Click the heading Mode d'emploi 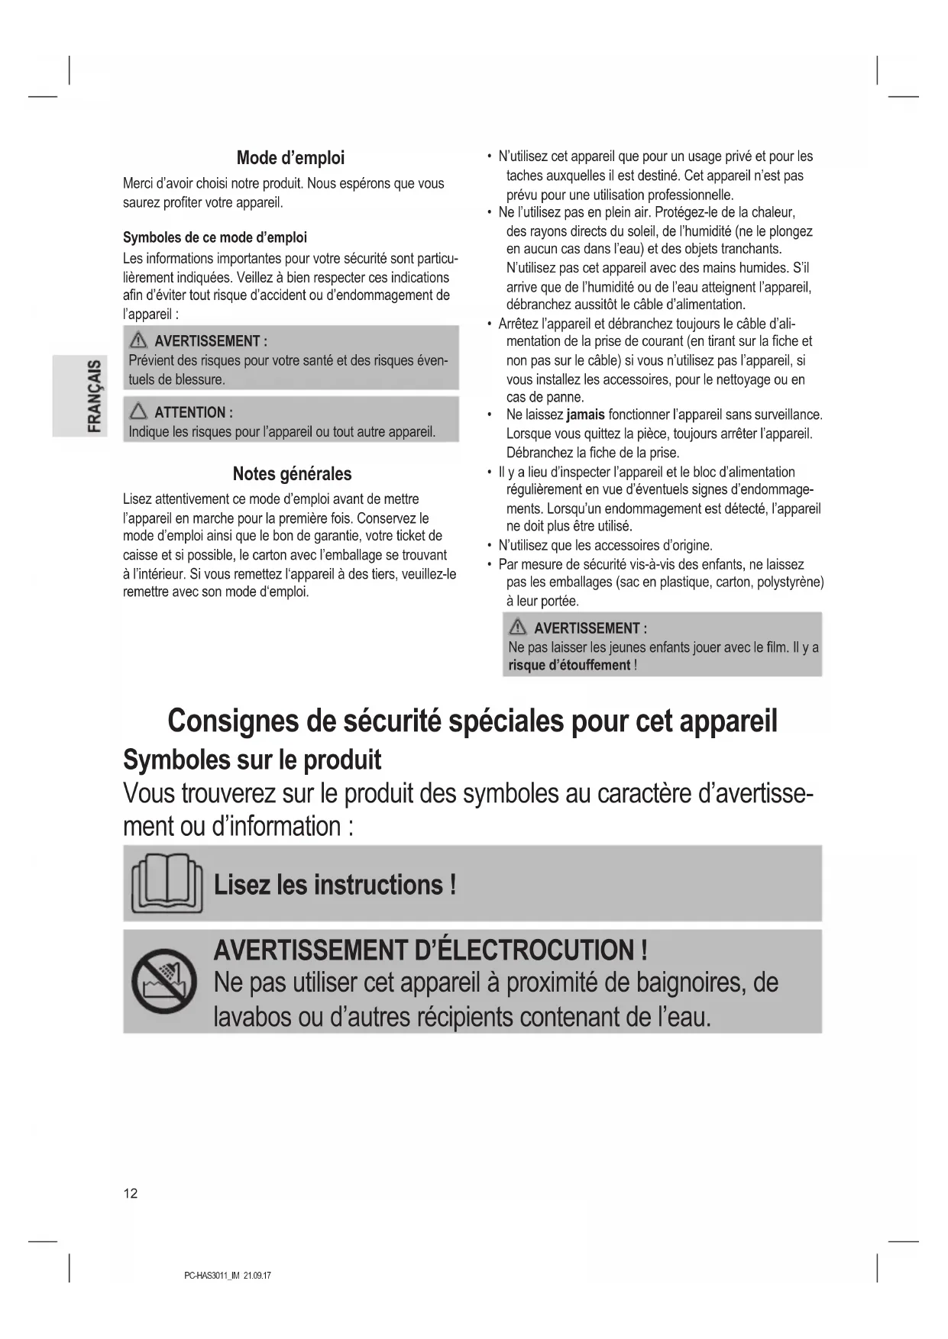tap(290, 158)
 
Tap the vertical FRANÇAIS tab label tap(95, 395)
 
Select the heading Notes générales tap(292, 474)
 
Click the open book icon tap(167, 884)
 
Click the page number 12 tap(131, 1193)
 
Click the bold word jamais tap(585, 415)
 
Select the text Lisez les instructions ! tap(335, 885)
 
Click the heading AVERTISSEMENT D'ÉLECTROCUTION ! tap(431, 950)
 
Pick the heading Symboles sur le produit tap(252, 760)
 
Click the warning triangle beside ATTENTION tap(139, 412)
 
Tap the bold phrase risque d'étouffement tap(569, 665)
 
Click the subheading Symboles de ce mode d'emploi tap(215, 237)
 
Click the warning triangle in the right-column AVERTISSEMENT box tap(519, 628)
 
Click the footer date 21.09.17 tap(257, 1276)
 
